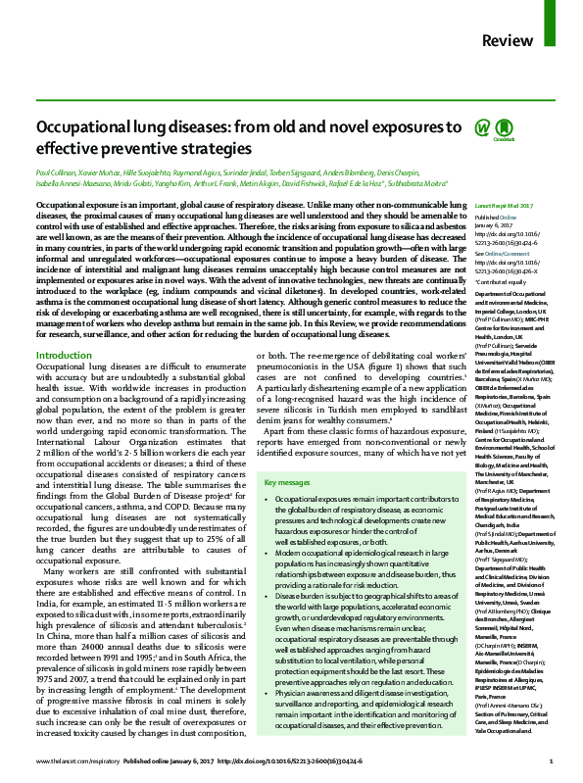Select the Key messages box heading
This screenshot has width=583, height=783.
coord(289,483)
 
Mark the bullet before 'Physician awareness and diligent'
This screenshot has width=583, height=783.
coord(267,692)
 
